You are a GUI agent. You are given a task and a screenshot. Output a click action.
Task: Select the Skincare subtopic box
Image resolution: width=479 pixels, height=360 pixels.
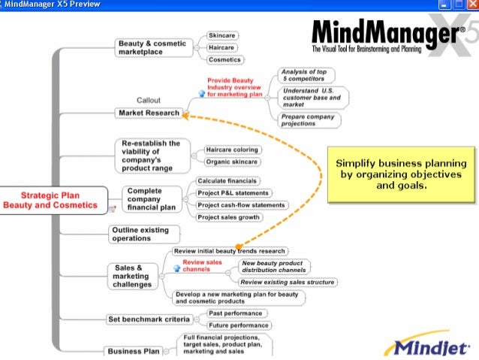[x=221, y=35]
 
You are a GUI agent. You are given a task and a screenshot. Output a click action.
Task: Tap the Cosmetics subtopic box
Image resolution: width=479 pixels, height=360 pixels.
[x=224, y=59]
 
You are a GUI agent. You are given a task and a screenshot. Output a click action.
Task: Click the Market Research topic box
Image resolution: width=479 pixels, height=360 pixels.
[x=149, y=113]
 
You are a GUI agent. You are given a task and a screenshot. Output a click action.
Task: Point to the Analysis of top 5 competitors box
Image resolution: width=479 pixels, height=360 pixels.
[x=306, y=75]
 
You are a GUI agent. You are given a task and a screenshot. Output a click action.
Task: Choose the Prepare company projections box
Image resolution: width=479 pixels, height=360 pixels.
[x=309, y=120]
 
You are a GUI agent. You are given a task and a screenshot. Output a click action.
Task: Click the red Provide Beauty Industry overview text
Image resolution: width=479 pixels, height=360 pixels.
[x=235, y=87]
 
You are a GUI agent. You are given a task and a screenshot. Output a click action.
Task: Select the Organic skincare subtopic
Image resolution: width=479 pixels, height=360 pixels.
[x=233, y=162]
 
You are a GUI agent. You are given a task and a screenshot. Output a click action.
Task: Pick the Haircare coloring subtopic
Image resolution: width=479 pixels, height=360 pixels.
[x=233, y=150]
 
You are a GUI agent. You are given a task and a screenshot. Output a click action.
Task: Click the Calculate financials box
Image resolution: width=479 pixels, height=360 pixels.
[x=227, y=181]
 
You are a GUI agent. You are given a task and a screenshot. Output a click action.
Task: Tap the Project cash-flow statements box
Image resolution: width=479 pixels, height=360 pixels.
[x=242, y=205]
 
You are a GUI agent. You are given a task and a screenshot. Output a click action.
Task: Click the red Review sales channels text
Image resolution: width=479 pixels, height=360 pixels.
[x=202, y=265]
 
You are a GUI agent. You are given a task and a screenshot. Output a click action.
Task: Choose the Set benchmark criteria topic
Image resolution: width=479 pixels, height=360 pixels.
[x=148, y=319]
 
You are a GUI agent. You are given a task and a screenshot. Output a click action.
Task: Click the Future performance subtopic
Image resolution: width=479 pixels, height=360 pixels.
[x=238, y=325]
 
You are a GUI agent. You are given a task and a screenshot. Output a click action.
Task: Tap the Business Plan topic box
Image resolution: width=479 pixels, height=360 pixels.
[x=134, y=351]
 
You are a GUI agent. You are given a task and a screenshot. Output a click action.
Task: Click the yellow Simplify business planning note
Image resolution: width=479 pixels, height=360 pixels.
[x=401, y=174]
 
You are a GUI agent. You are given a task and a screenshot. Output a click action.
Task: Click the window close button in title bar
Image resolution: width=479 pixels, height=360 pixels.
[x=471, y=5]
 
